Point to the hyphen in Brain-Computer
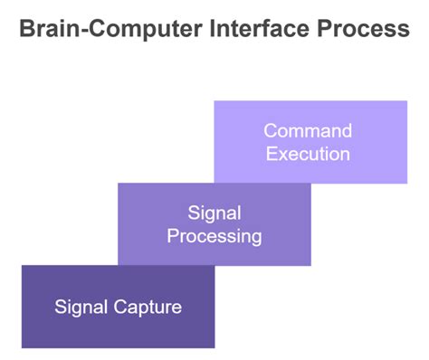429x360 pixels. click(83, 30)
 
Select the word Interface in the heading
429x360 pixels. click(245, 29)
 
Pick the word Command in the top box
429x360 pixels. click(308, 131)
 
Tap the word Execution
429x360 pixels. click(308, 153)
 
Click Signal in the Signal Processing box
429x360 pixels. click(214, 213)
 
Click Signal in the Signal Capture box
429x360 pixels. click(82, 307)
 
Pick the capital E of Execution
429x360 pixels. click(271, 153)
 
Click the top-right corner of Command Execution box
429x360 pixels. click(406, 101)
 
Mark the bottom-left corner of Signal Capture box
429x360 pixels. click(22, 347)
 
